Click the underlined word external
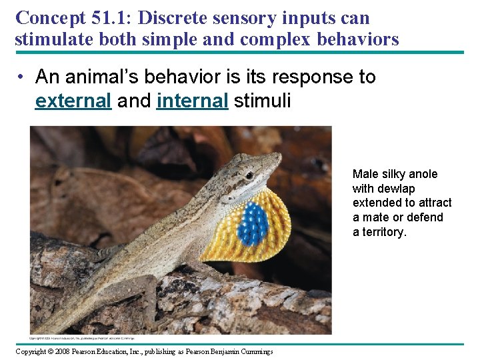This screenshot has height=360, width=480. tap(73, 101)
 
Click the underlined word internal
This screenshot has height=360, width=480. tap(192, 101)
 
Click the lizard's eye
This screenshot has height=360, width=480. tap(249, 175)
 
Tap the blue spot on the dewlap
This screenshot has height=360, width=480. tap(253, 223)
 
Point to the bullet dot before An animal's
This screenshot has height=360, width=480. tap(22, 78)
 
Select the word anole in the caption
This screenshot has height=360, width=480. tap(423, 174)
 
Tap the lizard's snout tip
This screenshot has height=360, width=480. tap(280, 157)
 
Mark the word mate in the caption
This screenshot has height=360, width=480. tap(375, 217)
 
